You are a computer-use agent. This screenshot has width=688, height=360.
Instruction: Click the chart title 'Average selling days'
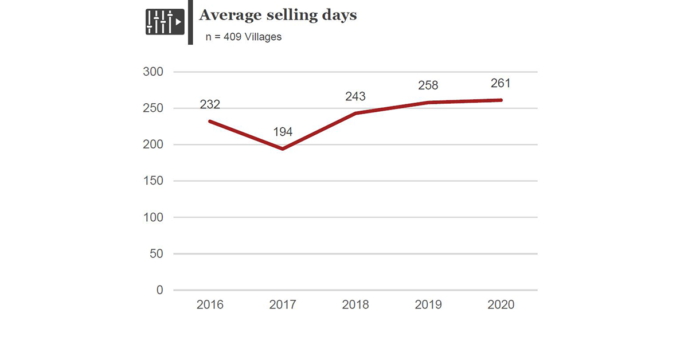pyautogui.click(x=277, y=15)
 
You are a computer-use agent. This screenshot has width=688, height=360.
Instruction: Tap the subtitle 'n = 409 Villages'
pyautogui.click(x=244, y=37)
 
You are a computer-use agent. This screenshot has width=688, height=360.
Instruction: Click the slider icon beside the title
pyautogui.click(x=165, y=22)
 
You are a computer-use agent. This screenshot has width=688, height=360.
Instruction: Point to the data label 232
pyautogui.click(x=210, y=104)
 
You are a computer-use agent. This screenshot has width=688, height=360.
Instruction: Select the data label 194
pyautogui.click(x=283, y=132)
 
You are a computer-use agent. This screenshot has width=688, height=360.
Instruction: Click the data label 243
pyautogui.click(x=355, y=96)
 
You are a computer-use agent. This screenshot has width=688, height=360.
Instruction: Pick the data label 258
pyautogui.click(x=428, y=85)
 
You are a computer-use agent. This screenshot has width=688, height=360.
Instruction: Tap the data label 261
pyautogui.click(x=501, y=83)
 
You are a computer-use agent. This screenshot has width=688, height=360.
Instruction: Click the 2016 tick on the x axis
pyautogui.click(x=210, y=305)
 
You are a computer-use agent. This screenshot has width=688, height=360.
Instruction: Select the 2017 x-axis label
pyautogui.click(x=283, y=305)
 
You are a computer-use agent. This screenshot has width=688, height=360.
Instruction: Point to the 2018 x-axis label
pyautogui.click(x=355, y=305)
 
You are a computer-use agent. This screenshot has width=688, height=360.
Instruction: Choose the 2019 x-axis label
pyautogui.click(x=428, y=305)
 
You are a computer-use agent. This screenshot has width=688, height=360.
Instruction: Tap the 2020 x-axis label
pyautogui.click(x=501, y=305)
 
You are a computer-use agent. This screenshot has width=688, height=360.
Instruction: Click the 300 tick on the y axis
pyautogui.click(x=153, y=72)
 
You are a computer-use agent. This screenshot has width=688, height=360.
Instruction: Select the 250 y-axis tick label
pyautogui.click(x=153, y=108)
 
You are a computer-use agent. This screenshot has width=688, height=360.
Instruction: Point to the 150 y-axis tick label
pyautogui.click(x=153, y=181)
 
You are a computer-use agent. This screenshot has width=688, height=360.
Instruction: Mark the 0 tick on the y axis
pyautogui.click(x=159, y=290)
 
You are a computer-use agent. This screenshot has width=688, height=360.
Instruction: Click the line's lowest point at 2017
pyautogui.click(x=283, y=149)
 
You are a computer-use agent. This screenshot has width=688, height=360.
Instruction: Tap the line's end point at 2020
pyautogui.click(x=501, y=100)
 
